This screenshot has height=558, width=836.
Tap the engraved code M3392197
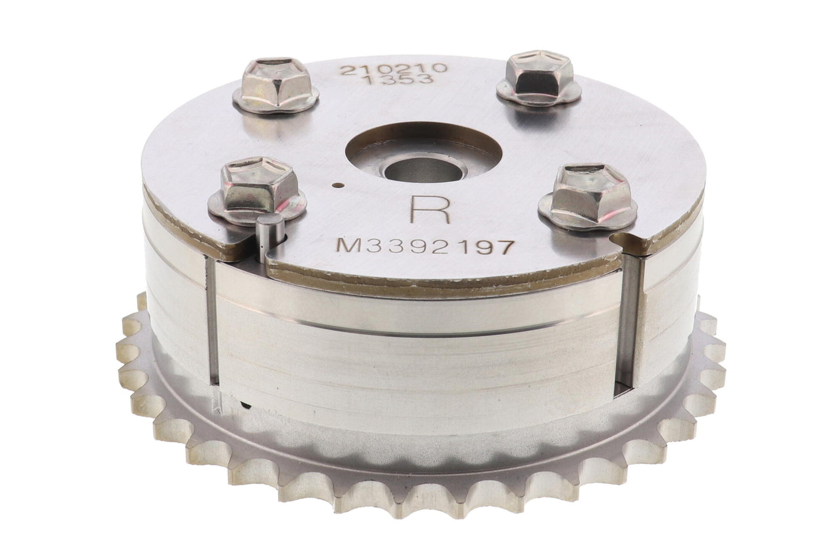[423, 247]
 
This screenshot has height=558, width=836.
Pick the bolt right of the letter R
[588, 198]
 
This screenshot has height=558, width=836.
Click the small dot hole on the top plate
[339, 185]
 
